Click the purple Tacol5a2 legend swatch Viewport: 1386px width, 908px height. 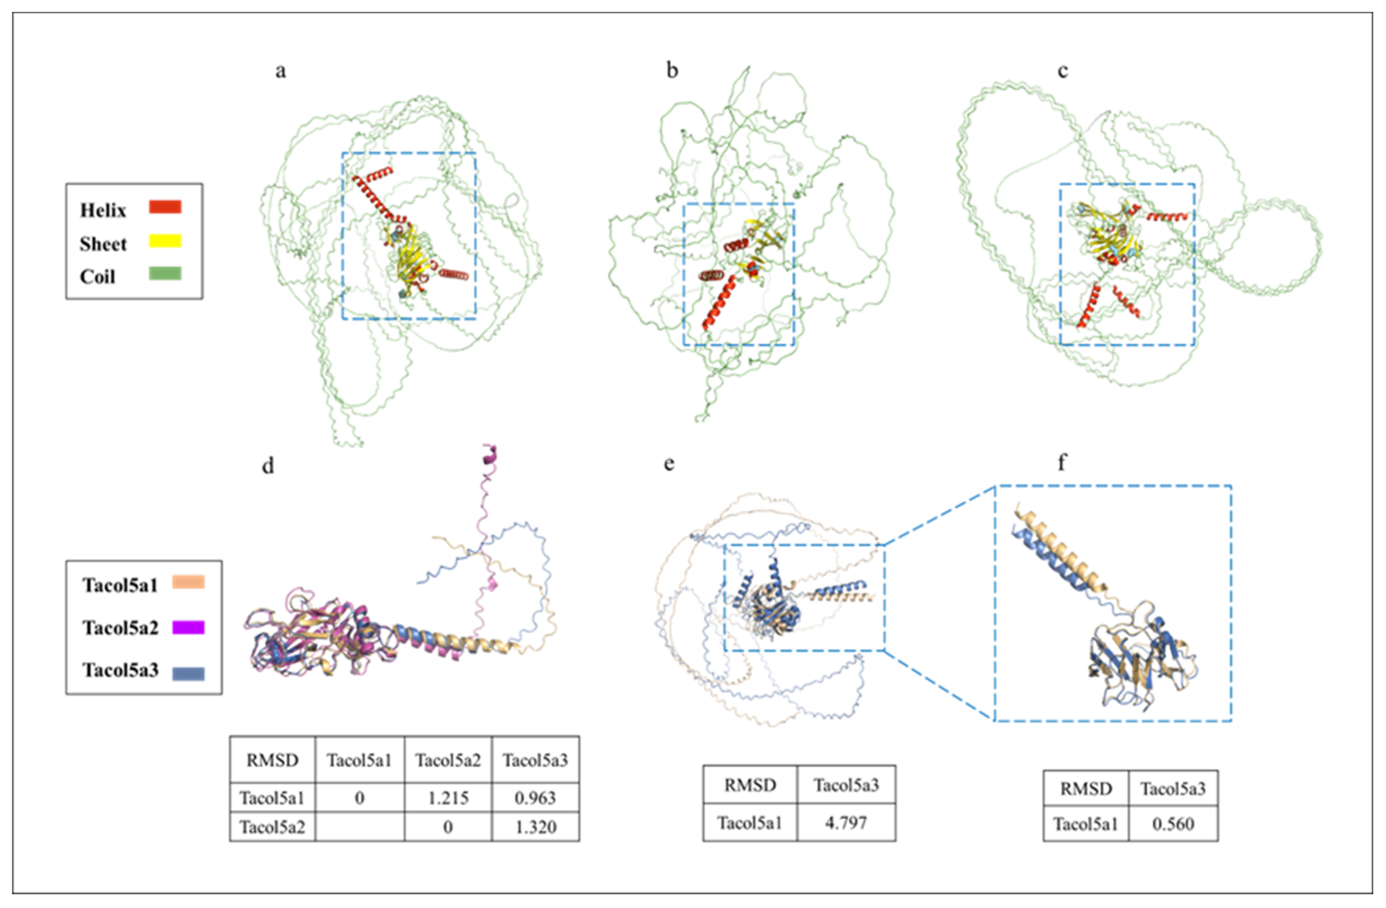click(188, 627)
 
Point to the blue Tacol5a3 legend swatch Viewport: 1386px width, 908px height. click(188, 673)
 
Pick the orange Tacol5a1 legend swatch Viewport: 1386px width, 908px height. click(188, 582)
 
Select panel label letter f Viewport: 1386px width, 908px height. click(1062, 463)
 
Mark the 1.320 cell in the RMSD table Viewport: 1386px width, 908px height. click(535, 827)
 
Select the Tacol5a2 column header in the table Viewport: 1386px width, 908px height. click(448, 760)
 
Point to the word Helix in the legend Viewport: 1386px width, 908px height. click(103, 210)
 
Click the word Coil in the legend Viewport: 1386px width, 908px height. click(97, 277)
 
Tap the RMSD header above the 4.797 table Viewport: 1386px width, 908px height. click(750, 785)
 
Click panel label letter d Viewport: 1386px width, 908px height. click(268, 466)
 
